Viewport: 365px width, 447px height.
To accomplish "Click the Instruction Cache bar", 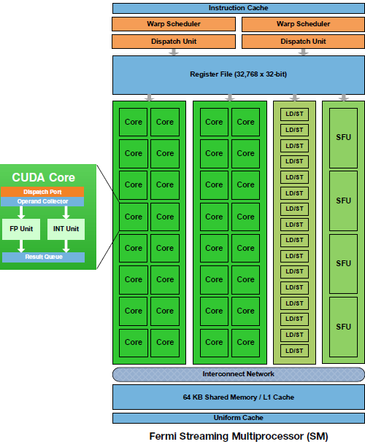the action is pyautogui.click(x=238, y=8).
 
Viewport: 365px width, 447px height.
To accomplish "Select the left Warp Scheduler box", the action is pyautogui.click(x=174, y=24).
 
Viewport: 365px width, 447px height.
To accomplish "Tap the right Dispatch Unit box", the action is pyautogui.click(x=303, y=42).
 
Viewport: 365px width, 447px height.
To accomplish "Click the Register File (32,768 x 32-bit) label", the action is pyautogui.click(x=238, y=74).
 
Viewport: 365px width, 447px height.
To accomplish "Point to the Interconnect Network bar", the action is pyautogui.click(x=238, y=374).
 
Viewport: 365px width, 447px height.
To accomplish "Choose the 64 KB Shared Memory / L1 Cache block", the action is pyautogui.click(x=238, y=397).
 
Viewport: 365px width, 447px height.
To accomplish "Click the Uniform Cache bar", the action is pyautogui.click(x=238, y=418).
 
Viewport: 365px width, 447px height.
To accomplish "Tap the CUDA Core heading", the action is pyautogui.click(x=43, y=177).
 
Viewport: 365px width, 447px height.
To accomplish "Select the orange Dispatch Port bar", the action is pyautogui.click(x=42, y=192).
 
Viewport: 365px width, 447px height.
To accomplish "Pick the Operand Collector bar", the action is pyautogui.click(x=42, y=201).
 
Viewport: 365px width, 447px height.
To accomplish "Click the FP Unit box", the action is pyautogui.click(x=21, y=229).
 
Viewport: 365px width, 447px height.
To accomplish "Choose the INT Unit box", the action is pyautogui.click(x=66, y=229).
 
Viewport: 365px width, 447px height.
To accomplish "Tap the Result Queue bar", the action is pyautogui.click(x=43, y=257).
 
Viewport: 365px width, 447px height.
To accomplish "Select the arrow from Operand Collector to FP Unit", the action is pyautogui.click(x=21, y=212).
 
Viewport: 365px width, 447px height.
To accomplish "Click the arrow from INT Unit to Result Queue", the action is pyautogui.click(x=66, y=246).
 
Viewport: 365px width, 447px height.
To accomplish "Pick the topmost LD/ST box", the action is pyautogui.click(x=294, y=114).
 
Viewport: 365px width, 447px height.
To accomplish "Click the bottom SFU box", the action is pyautogui.click(x=343, y=327).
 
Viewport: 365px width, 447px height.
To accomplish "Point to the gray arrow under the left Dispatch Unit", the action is pyautogui.click(x=174, y=53).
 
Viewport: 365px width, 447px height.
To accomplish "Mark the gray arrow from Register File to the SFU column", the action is pyautogui.click(x=344, y=98).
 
